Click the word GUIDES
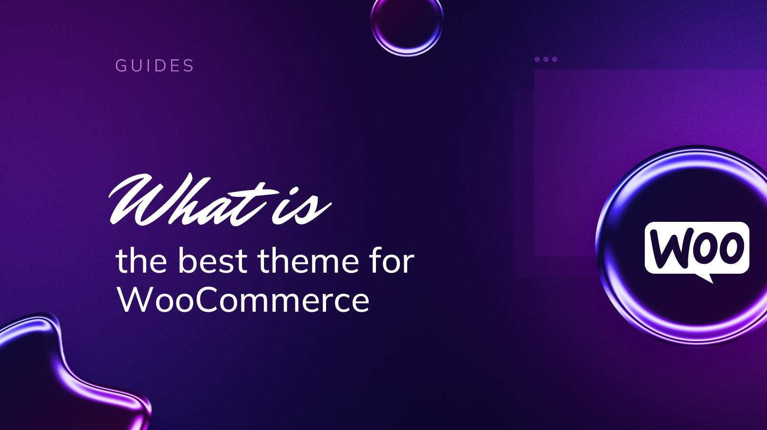154,65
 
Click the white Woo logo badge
697,248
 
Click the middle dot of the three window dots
546,60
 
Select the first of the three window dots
537,60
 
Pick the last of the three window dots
554,60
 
